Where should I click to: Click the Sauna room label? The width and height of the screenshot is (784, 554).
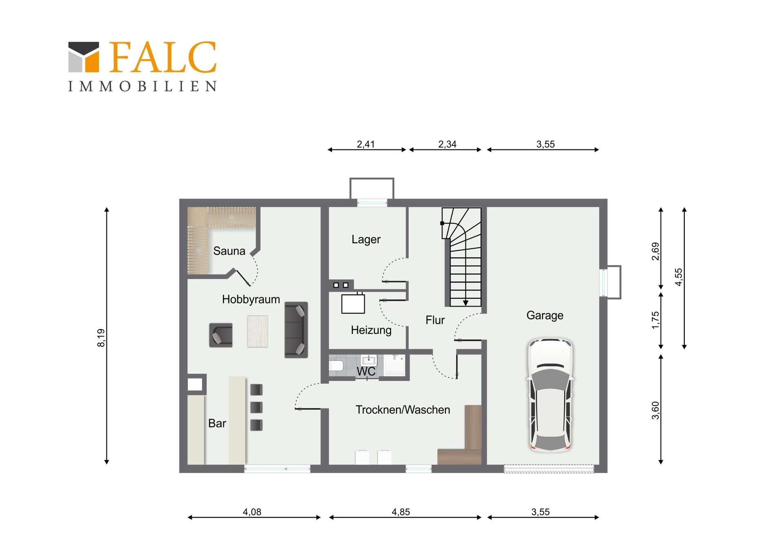point(229,251)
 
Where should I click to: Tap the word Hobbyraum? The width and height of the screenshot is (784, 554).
point(251,299)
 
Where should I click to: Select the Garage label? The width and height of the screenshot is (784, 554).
point(545,315)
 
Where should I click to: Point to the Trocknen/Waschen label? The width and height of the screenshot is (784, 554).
point(403,409)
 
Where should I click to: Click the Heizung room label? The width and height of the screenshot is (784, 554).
point(371,330)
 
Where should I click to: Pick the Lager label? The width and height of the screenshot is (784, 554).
point(366,239)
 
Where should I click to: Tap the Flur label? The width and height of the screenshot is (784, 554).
point(435,320)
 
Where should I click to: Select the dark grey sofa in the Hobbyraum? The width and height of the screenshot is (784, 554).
point(296,330)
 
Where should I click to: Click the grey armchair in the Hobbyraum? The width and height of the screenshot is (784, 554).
point(221,335)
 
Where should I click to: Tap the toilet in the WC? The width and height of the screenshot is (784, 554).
point(336,365)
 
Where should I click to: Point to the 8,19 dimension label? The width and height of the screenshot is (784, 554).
point(101,338)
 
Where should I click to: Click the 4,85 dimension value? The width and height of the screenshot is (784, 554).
point(401,512)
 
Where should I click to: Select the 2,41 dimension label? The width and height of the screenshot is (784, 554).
point(365,144)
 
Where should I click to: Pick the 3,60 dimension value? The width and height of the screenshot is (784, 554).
point(655,410)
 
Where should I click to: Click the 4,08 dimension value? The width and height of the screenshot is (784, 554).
point(252,512)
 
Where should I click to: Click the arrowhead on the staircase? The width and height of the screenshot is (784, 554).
point(465,303)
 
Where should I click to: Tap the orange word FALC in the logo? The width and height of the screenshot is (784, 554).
point(163,57)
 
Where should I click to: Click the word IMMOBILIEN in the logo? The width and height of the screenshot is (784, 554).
point(142,86)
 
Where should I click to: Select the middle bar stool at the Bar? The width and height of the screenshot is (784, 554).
point(256,407)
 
